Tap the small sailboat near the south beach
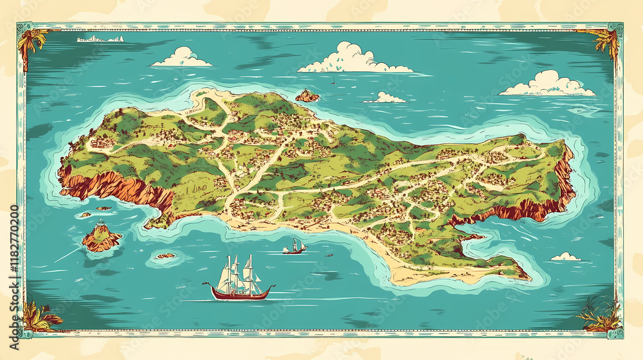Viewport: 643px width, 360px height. pyautogui.click(x=294, y=247)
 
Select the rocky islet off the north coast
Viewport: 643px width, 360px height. pyautogui.click(x=307, y=96)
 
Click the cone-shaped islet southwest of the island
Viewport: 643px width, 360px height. pyautogui.click(x=101, y=237)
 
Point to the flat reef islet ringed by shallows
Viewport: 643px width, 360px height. pyautogui.click(x=166, y=256)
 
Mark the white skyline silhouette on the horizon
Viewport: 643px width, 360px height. pyautogui.click(x=100, y=39)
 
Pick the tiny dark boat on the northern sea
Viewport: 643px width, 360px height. pyautogui.click(x=332, y=82)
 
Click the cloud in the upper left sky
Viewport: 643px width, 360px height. pyautogui.click(x=182, y=57)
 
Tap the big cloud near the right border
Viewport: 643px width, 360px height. pyautogui.click(x=548, y=84)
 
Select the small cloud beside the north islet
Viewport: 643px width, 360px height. pyautogui.click(x=385, y=98)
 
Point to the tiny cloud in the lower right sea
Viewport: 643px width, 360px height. pyautogui.click(x=566, y=257)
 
